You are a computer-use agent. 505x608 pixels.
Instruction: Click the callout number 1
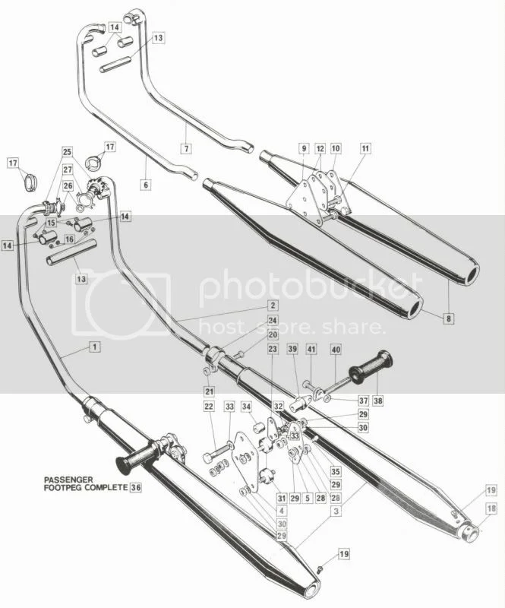click(x=93, y=347)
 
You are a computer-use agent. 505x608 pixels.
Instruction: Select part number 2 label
click(x=271, y=305)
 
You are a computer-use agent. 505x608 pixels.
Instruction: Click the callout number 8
click(x=450, y=319)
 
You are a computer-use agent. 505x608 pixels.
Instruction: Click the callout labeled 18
click(x=470, y=508)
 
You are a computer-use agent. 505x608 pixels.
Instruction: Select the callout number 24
click(x=272, y=321)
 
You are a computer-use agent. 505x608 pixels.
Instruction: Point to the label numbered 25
click(x=66, y=151)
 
